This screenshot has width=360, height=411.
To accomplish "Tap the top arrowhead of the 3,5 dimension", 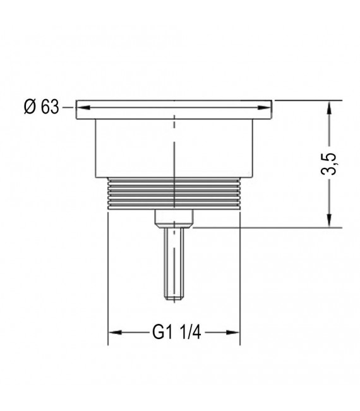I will (x=329, y=105).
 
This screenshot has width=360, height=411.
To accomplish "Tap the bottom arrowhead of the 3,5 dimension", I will (x=329, y=222).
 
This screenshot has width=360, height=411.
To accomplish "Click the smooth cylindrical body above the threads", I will (x=133, y=148).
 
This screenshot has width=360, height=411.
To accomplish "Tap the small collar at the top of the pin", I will (x=174, y=218).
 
